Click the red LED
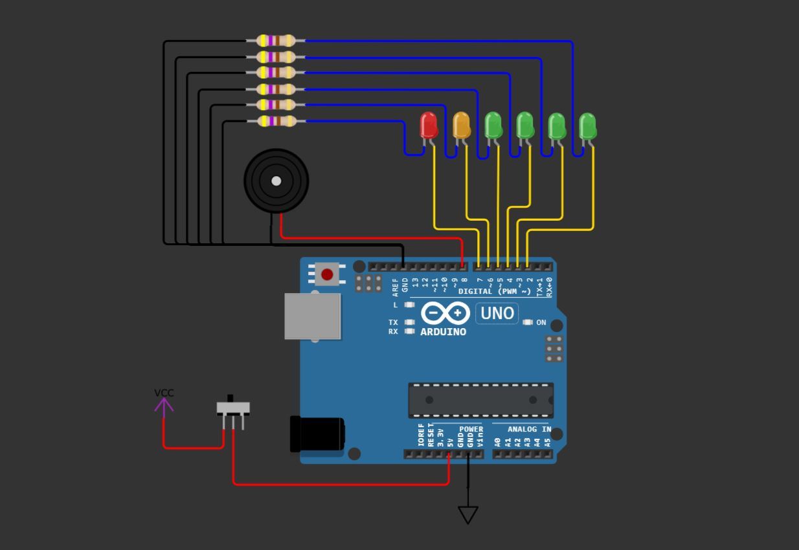429,125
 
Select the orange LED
461,125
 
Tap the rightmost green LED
587,126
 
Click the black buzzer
276,181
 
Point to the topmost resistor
276,41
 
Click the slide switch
233,409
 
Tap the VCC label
164,393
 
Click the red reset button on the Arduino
327,275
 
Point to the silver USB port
313,316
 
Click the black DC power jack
317,434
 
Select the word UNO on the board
497,314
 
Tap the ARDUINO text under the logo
444,332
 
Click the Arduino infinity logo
445,314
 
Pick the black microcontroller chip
480,400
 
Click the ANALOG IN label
529,429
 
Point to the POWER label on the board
471,429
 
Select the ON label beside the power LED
541,322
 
